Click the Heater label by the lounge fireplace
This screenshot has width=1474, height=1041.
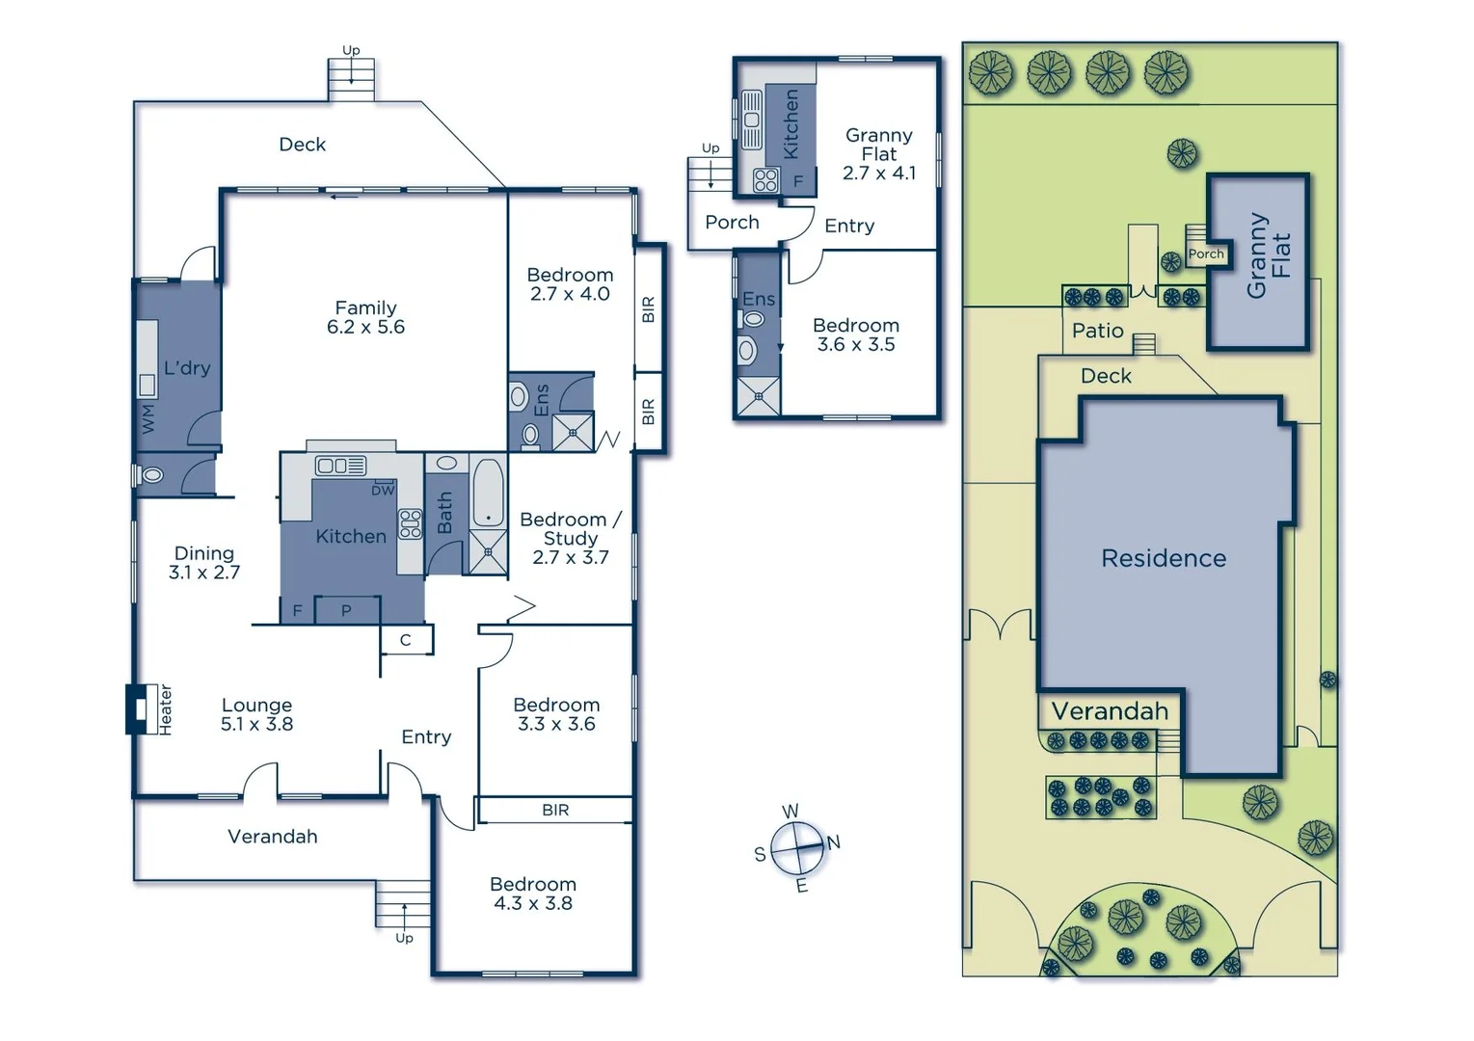[166, 710]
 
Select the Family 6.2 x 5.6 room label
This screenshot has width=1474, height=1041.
[365, 317]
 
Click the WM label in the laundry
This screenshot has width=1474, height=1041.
[147, 418]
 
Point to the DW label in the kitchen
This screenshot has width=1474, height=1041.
[383, 490]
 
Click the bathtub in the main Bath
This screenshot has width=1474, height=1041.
[488, 492]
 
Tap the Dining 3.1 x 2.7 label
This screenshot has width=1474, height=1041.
[203, 562]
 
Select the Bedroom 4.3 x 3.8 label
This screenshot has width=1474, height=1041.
[532, 894]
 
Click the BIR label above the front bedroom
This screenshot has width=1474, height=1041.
[555, 810]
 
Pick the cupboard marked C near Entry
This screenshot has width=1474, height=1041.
[406, 640]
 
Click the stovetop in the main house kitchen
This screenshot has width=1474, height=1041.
[411, 523]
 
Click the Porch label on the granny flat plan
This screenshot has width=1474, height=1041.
[732, 223]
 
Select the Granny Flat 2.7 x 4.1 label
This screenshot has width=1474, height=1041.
[878, 154]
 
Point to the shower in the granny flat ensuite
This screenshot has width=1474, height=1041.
[759, 396]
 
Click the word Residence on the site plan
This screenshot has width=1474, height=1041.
[1164, 558]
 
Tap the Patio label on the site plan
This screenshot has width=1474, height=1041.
[1097, 331]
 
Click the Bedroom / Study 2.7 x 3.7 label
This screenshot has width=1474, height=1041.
[570, 538]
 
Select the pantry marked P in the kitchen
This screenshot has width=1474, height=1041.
[346, 610]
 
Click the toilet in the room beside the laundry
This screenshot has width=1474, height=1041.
[151, 475]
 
